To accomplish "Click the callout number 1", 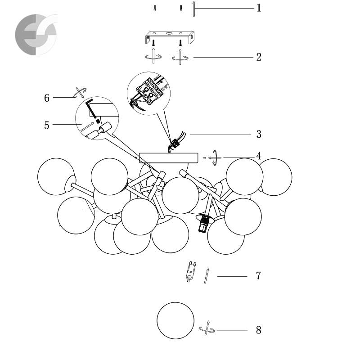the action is click(259, 8).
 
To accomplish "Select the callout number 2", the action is click(259, 57).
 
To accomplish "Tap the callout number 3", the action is click(259, 134).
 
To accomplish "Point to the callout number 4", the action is click(259, 156).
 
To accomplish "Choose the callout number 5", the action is click(47, 126).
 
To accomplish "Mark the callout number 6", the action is click(47, 98).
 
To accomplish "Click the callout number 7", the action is click(258, 275).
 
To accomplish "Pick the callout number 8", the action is click(258, 330).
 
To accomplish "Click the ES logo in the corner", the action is click(36, 35).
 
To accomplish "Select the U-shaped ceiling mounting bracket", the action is click(170, 37).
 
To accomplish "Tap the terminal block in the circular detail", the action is click(150, 91).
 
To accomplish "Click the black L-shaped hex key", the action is click(92, 110).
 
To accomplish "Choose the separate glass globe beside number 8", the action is click(175, 320).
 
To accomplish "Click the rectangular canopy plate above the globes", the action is click(168, 158).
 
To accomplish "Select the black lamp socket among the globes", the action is click(203, 223).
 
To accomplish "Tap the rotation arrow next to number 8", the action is click(207, 329).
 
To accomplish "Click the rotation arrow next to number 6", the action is click(80, 92).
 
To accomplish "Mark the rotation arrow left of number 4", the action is click(215, 158).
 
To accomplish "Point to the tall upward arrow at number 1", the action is click(194, 9).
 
